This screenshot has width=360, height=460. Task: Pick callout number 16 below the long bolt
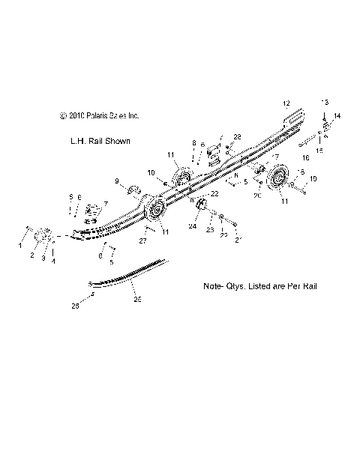[305, 159]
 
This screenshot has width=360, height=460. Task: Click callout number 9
[117, 181]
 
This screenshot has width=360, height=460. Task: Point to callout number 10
[151, 172]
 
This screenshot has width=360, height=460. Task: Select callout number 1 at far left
[19, 245]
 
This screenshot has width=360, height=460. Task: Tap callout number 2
[31, 255]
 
